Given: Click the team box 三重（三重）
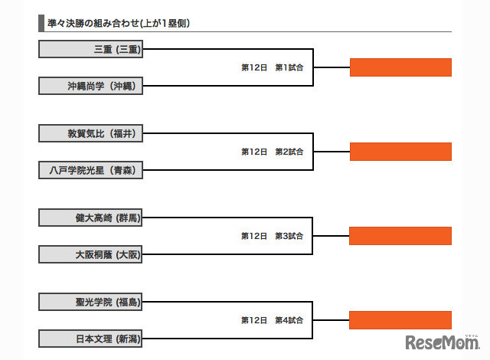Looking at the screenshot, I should click(90, 50).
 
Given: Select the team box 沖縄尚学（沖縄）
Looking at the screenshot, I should click(90, 86).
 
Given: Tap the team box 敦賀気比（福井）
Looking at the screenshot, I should click(90, 133).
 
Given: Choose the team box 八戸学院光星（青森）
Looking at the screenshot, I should click(90, 170).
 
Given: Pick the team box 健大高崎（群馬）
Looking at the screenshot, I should click(90, 218).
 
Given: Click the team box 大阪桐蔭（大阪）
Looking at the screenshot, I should click(90, 254).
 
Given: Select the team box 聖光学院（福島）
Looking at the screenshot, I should click(90, 302).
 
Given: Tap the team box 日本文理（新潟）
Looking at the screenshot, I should click(90, 338).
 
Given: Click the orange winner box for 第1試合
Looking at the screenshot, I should click(400, 67).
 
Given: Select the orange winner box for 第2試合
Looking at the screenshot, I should click(400, 152).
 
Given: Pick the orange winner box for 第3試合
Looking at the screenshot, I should click(400, 236).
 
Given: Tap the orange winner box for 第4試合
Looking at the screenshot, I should click(400, 319).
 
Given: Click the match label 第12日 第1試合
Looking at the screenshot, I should click(273, 67).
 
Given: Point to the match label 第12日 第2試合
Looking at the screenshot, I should click(273, 152).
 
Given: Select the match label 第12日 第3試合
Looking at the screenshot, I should click(273, 236).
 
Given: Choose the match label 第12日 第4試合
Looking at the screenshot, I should click(273, 319).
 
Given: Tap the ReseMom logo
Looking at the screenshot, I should click(442, 342).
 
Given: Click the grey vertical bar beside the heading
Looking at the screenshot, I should click(41, 23).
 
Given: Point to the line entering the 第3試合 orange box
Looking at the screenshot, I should click(331, 236).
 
